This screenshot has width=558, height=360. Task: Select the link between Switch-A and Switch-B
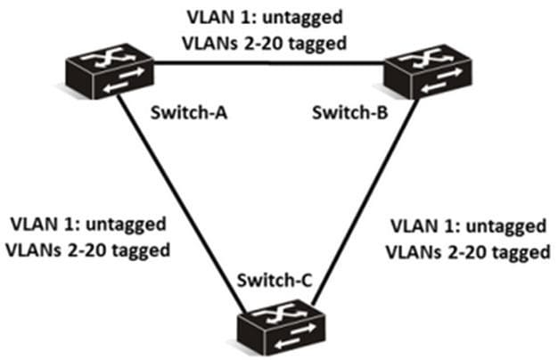pos(267,62)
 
